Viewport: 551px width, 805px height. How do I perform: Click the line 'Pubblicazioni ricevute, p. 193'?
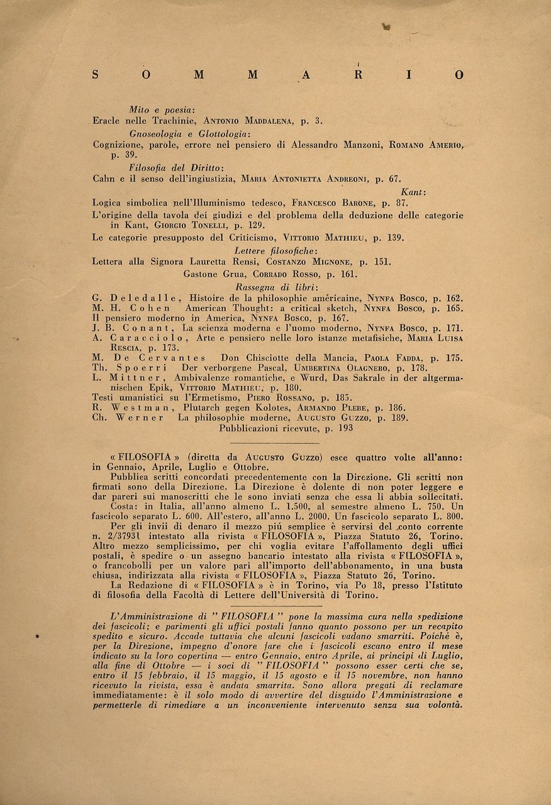(286, 428)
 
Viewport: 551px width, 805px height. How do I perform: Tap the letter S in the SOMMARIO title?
(95, 75)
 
